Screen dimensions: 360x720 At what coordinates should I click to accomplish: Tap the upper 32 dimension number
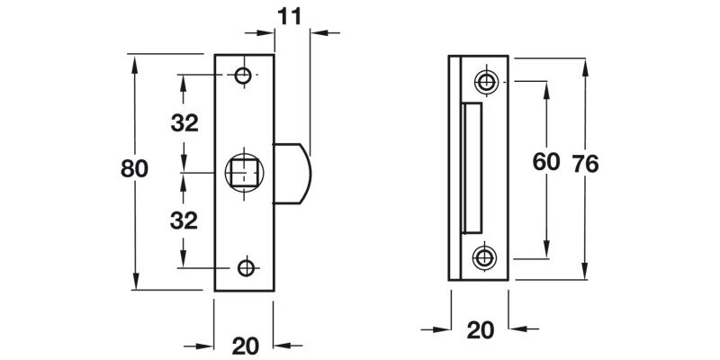pos(184,123)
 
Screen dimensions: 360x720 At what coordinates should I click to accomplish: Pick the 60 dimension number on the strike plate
pos(546,162)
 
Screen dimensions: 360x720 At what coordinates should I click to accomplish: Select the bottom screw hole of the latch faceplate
pos(245,267)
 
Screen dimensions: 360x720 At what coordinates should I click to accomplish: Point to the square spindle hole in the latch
pos(245,170)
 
